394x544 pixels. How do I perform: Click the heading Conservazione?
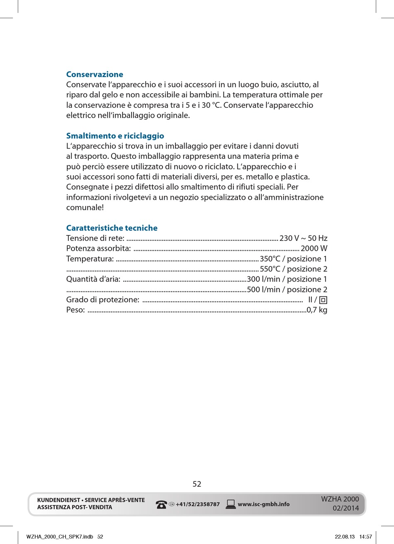pos(95,75)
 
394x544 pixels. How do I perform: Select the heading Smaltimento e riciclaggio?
pos(115,136)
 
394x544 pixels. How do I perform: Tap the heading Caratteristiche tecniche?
pos(112,228)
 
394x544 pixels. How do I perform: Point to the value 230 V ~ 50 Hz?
pos(303,238)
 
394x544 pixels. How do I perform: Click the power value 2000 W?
pos(314,249)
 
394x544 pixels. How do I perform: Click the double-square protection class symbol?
pos(323,300)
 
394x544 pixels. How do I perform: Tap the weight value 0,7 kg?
pos(317,310)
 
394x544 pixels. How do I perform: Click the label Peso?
pos(75,310)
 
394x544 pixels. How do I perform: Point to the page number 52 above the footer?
pos(197,484)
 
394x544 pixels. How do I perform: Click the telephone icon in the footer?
pos(161,505)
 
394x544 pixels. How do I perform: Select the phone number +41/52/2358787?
pos(197,505)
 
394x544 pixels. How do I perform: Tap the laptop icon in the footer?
pos(231,504)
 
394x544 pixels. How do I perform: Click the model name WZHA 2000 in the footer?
pos(340,499)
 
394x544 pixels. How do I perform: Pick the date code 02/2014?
pos(345,508)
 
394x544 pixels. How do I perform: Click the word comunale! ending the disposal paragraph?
pos(85,208)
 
